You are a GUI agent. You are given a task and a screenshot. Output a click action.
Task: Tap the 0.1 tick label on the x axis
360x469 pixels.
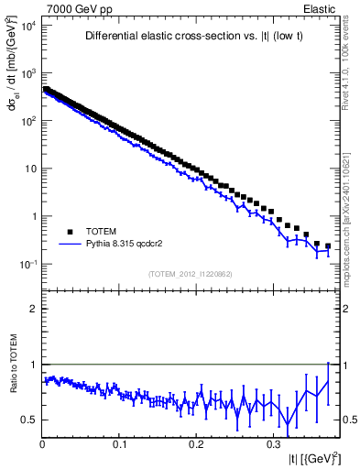coord(119,444)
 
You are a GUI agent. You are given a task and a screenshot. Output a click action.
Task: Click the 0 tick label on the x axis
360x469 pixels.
coord(42,444)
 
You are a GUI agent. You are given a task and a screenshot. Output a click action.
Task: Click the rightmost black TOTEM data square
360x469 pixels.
coord(328,245)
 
